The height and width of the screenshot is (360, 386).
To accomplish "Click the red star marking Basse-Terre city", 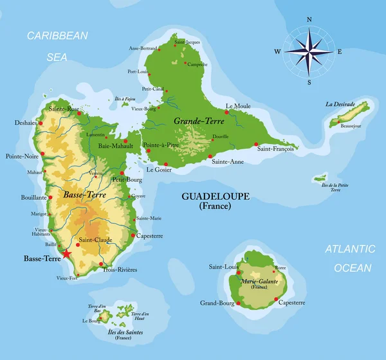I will click(66, 254).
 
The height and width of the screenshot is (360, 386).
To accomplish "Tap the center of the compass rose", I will click(309, 51).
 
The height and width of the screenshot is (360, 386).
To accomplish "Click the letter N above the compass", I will click(309, 20).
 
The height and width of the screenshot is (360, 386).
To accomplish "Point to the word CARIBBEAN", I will click(57, 36).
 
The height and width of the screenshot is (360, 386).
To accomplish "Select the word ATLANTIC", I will click(349, 249).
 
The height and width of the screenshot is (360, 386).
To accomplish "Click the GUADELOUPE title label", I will click(216, 196).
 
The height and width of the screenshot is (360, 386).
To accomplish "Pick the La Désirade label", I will click(340, 104).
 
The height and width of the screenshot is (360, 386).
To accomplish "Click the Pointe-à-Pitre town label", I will click(161, 145).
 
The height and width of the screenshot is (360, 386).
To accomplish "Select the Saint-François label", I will click(275, 148).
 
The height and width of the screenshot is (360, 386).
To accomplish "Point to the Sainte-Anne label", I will click(228, 161).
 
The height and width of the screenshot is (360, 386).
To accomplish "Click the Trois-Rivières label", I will click(120, 270).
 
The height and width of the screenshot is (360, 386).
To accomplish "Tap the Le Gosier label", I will click(159, 170).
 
